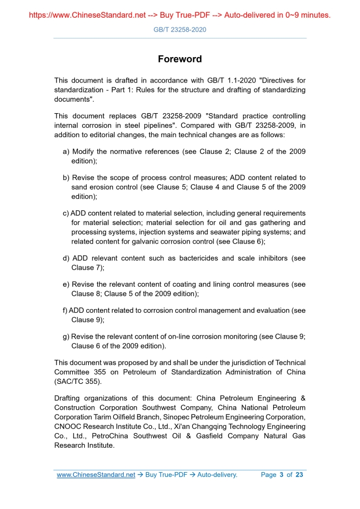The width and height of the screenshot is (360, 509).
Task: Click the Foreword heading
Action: point(180,59)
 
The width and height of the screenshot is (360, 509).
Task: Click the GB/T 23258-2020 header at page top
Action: point(180,30)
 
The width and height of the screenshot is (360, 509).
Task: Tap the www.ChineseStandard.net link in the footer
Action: point(96,475)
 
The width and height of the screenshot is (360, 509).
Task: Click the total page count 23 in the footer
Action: point(299,475)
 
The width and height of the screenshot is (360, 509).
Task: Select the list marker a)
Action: point(66,152)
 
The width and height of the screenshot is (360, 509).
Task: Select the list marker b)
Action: point(66,178)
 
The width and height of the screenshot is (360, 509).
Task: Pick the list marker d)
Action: point(66,259)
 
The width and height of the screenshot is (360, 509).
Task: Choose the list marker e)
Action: point(66,285)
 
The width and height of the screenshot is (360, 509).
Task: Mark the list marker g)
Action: point(66,337)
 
